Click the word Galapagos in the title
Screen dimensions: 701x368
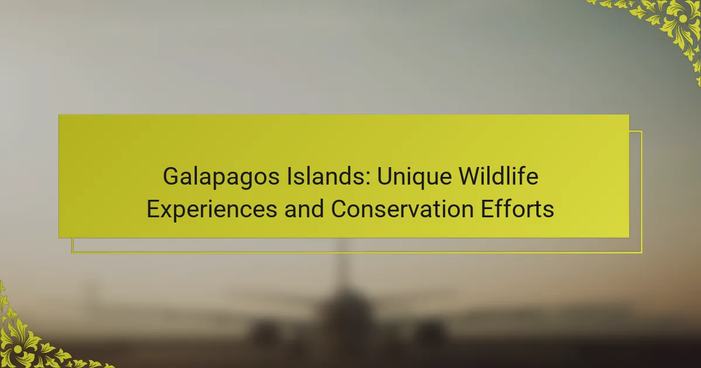221,177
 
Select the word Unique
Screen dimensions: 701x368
414,177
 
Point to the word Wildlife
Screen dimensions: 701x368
498,176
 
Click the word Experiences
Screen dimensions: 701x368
212,210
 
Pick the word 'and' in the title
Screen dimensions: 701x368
304,209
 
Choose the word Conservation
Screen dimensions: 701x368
402,209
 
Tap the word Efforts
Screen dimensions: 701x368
518,209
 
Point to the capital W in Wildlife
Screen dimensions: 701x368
472,176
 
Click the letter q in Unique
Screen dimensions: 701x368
418,180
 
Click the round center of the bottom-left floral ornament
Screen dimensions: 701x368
18,349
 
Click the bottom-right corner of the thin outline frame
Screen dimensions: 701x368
641,252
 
